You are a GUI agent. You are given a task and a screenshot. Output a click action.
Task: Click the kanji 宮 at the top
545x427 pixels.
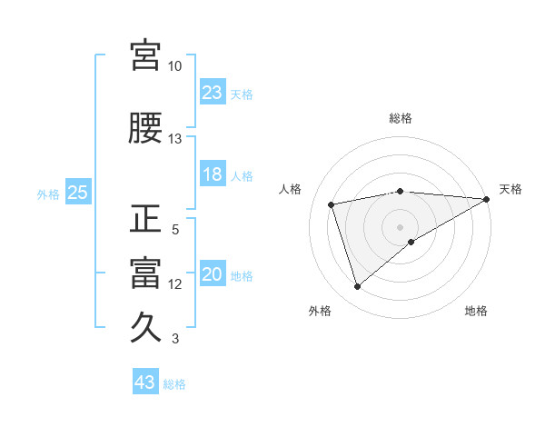[146, 55]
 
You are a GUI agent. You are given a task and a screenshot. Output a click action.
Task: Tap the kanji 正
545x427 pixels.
[146, 219]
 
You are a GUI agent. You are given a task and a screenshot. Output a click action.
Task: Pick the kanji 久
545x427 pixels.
[146, 326]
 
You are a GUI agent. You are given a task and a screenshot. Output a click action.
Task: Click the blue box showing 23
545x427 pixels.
[213, 93]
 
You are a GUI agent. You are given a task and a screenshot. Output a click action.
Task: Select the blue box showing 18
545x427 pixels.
[213, 175]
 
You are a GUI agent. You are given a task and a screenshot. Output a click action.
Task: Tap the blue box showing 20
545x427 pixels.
[213, 275]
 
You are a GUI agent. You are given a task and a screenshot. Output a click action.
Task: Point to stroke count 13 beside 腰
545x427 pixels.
[174, 139]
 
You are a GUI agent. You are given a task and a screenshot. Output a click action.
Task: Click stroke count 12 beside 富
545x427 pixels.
[174, 284]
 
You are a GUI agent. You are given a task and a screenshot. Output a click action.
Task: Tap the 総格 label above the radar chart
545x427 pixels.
[401, 118]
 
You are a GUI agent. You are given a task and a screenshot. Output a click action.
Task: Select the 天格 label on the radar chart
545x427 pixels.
[510, 189]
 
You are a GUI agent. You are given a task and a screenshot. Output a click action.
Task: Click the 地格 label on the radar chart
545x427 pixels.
[476, 311]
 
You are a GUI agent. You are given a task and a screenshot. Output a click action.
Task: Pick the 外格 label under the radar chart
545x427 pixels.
[320, 311]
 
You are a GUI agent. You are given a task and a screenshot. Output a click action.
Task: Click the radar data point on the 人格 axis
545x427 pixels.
[332, 204]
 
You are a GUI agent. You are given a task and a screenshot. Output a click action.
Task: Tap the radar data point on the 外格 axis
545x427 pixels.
[357, 287]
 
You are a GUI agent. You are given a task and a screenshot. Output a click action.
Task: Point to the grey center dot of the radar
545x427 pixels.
[400, 226]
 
